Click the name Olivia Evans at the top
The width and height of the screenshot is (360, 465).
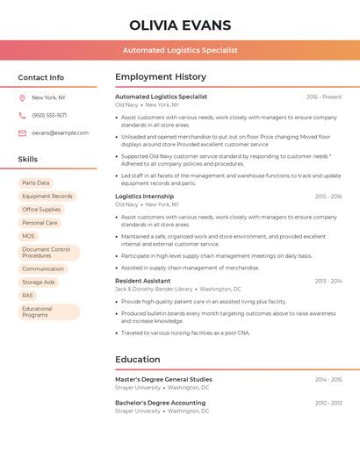click(180, 25)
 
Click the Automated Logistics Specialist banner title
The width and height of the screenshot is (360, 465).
click(180, 50)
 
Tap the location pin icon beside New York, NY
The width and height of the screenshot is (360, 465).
click(22, 97)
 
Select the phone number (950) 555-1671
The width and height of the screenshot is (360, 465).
click(49, 115)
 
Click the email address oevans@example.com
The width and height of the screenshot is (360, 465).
click(60, 132)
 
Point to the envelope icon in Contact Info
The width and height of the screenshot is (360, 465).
click(22, 132)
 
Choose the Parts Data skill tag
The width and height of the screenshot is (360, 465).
click(36, 182)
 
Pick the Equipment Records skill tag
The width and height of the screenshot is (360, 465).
click(47, 196)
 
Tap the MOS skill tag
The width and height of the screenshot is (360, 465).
click(29, 236)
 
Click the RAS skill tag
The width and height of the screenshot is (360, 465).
click(28, 295)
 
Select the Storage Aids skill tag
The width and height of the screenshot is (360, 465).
click(39, 282)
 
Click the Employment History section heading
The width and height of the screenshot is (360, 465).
click(161, 77)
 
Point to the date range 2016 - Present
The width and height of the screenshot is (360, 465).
click(324, 97)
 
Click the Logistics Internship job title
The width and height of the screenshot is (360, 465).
click(145, 197)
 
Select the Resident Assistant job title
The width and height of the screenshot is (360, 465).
click(143, 281)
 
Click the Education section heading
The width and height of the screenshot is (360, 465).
click(138, 359)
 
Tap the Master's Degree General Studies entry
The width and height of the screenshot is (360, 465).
click(163, 379)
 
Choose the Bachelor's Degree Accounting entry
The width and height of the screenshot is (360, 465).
click(160, 403)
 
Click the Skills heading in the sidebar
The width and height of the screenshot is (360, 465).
click(28, 160)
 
